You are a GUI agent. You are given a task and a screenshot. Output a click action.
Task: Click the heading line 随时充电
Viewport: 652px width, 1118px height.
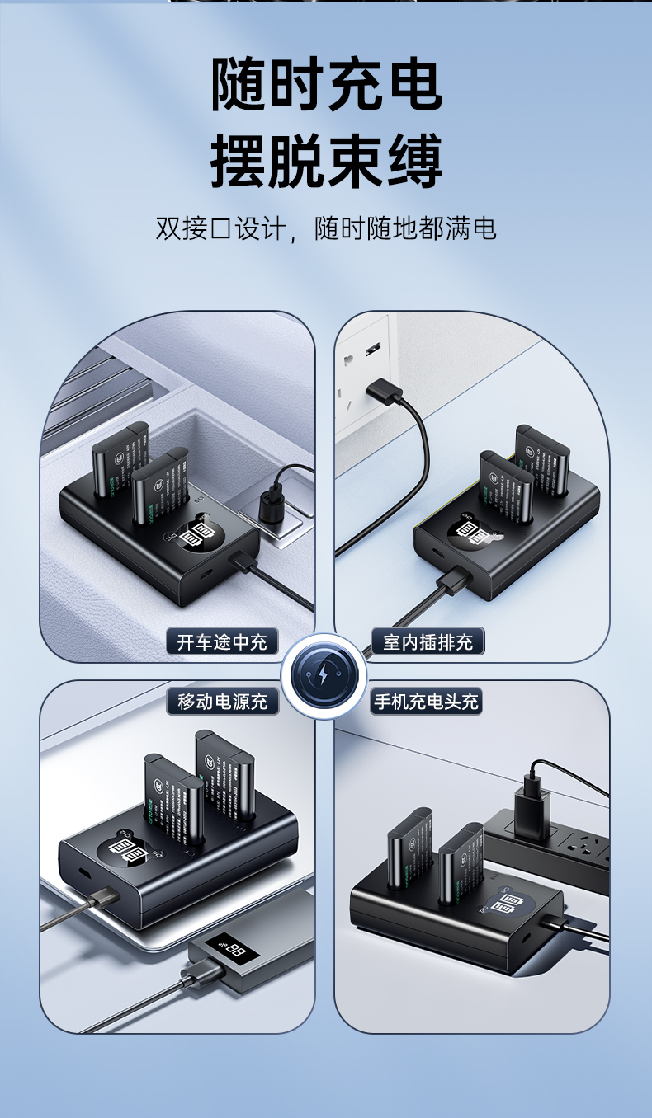(x=327, y=84)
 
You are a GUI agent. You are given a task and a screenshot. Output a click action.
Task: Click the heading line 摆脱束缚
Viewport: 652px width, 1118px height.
(x=327, y=160)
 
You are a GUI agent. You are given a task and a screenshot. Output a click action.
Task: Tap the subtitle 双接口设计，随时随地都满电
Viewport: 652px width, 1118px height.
(x=326, y=228)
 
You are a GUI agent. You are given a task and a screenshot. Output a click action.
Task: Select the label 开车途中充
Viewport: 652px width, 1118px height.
(x=222, y=641)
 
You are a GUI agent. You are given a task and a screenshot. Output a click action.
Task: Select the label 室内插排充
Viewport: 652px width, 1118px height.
(x=428, y=641)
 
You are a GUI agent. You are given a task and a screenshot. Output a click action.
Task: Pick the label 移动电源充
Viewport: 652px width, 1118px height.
(x=222, y=701)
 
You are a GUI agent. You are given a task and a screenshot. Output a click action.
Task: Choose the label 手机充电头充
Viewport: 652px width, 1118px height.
(x=426, y=701)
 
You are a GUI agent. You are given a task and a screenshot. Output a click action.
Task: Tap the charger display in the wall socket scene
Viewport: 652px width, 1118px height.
(x=469, y=536)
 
